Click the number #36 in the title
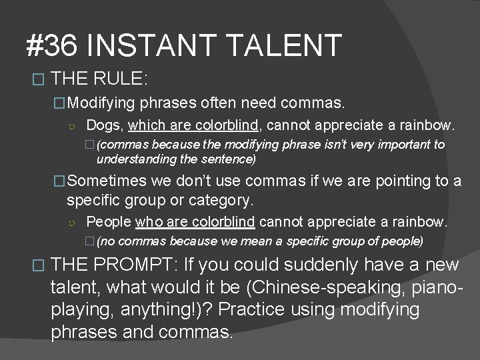(x=52, y=46)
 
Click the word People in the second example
(x=109, y=221)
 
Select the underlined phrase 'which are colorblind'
(x=193, y=125)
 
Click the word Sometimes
(x=107, y=181)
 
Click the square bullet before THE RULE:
(x=38, y=79)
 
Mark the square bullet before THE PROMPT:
(x=38, y=265)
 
